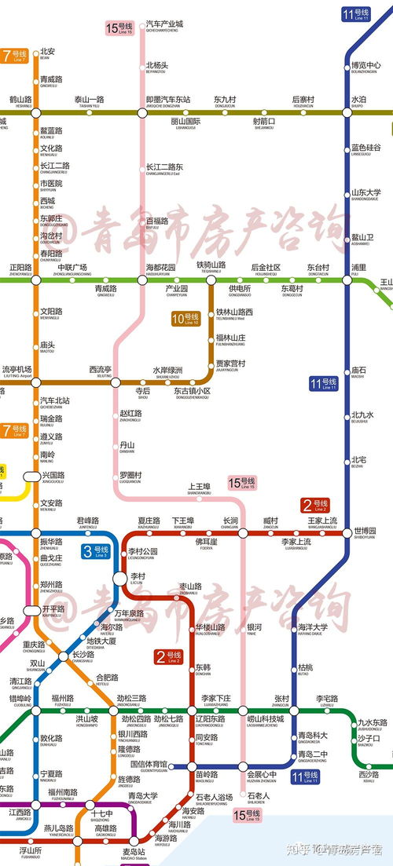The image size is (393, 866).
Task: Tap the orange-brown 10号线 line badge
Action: point(186,319)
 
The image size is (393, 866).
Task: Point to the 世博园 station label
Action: point(365,532)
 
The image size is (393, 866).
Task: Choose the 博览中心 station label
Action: point(365,67)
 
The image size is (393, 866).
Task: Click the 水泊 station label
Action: point(358,100)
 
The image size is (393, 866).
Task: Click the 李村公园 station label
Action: point(142,553)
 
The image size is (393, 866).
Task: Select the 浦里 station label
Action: point(358,269)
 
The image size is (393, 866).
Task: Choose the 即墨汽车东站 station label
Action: point(168,100)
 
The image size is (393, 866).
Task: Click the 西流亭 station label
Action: point(100,370)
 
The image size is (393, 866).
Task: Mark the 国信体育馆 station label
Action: point(148,765)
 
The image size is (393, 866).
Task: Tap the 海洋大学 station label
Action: point(313,628)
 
